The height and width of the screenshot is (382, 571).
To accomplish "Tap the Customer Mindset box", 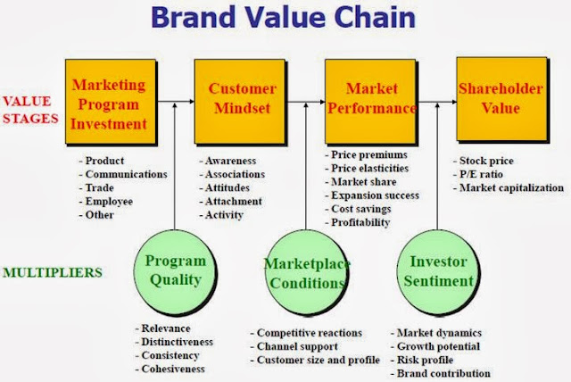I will (243, 99).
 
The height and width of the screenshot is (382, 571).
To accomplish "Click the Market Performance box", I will (370, 99).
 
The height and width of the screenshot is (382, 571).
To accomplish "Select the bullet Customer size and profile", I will (312, 360).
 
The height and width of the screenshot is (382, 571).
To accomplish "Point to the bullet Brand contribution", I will (443, 373).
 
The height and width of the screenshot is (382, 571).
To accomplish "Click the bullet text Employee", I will (109, 203).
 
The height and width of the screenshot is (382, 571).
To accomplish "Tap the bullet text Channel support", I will (297, 346).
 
